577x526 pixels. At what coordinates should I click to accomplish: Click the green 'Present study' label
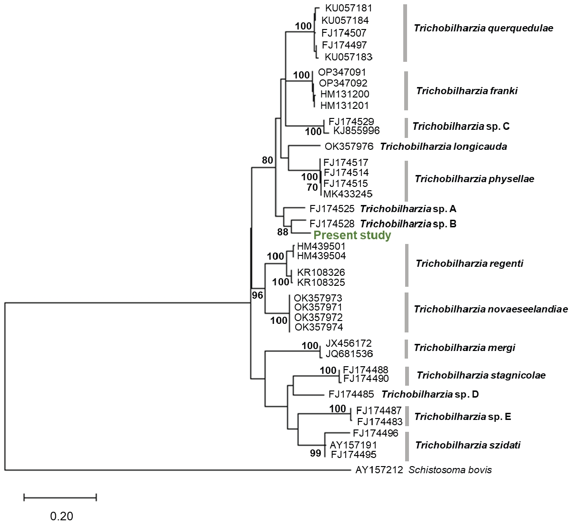pyautogui.click(x=352, y=235)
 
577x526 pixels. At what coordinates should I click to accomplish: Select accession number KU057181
pyautogui.click(x=348, y=8)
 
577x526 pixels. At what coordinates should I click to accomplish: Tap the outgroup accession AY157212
pyautogui.click(x=379, y=470)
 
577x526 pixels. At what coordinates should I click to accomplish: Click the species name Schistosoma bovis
pyautogui.click(x=450, y=470)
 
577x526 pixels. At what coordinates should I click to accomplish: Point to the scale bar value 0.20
pyautogui.click(x=62, y=516)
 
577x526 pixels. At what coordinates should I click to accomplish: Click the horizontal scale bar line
pyautogui.click(x=60, y=497)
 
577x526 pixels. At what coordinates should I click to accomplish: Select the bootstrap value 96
pyautogui.click(x=257, y=295)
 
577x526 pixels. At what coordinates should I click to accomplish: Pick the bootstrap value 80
pyautogui.click(x=268, y=160)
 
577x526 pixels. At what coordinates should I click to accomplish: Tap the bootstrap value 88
pyautogui.click(x=283, y=232)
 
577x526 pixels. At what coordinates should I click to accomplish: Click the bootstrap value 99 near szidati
pyautogui.click(x=316, y=453)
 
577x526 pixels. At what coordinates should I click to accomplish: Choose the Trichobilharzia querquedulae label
pyautogui.click(x=483, y=28)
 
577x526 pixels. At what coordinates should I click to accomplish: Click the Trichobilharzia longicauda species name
pyautogui.click(x=443, y=146)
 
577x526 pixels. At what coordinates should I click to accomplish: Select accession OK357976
pyautogui.click(x=349, y=146)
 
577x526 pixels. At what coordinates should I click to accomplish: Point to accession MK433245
pyautogui.click(x=348, y=194)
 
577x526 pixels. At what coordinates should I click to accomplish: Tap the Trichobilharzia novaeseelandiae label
pyautogui.click(x=491, y=310)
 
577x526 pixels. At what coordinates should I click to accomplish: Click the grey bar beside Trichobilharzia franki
pyautogui.click(x=406, y=91)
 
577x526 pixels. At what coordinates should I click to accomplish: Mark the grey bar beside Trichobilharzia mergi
pyautogui.click(x=406, y=348)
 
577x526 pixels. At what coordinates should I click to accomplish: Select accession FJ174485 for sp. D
pyautogui.click(x=351, y=394)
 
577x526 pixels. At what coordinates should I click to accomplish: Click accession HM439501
pyautogui.click(x=321, y=246)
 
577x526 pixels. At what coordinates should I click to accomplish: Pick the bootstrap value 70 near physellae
pyautogui.click(x=312, y=187)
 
